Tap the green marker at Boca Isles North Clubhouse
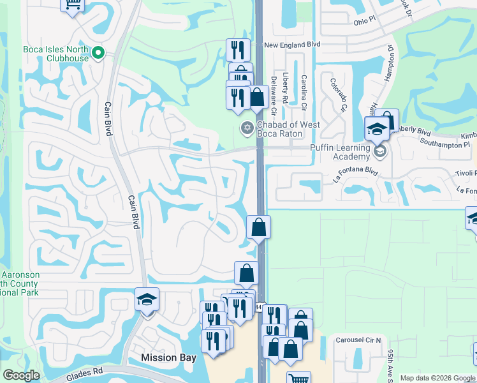99,53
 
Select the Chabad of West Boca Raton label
288,129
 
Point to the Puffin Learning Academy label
340,152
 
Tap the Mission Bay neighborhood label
168,357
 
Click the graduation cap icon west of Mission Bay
147,299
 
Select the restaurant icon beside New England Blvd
238,50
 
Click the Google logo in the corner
21,375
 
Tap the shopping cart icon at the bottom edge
298,379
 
